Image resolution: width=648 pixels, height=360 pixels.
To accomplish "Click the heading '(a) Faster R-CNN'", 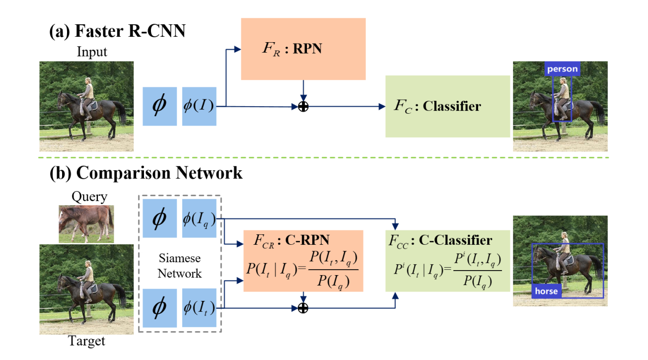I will (x=117, y=32).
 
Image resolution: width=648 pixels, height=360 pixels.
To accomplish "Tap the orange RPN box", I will (x=303, y=49).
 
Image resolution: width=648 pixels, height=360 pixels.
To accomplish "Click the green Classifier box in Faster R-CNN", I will (x=447, y=106).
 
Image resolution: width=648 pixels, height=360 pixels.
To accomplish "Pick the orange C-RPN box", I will (x=303, y=261).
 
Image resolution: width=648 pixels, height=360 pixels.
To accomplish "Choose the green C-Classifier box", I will (x=447, y=261).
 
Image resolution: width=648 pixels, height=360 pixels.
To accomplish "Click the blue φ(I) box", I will (x=199, y=106).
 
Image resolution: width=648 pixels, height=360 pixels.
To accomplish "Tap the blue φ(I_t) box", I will (x=199, y=308).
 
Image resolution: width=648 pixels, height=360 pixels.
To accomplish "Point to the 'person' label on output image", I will (x=562, y=69).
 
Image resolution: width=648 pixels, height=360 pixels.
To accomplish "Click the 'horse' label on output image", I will (x=547, y=291).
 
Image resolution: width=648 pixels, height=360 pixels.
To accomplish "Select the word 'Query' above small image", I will (x=89, y=197).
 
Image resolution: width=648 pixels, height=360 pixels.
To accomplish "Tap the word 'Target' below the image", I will (x=87, y=341).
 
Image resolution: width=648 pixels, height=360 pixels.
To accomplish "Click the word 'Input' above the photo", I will (x=91, y=52).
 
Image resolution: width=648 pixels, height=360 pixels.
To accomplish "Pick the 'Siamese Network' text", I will (x=180, y=266).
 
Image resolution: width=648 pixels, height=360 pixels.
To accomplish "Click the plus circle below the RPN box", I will (x=303, y=106).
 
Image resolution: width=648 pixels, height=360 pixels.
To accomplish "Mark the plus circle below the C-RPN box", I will (x=303, y=308).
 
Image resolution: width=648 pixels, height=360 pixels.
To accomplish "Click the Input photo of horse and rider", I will (x=86, y=106).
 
